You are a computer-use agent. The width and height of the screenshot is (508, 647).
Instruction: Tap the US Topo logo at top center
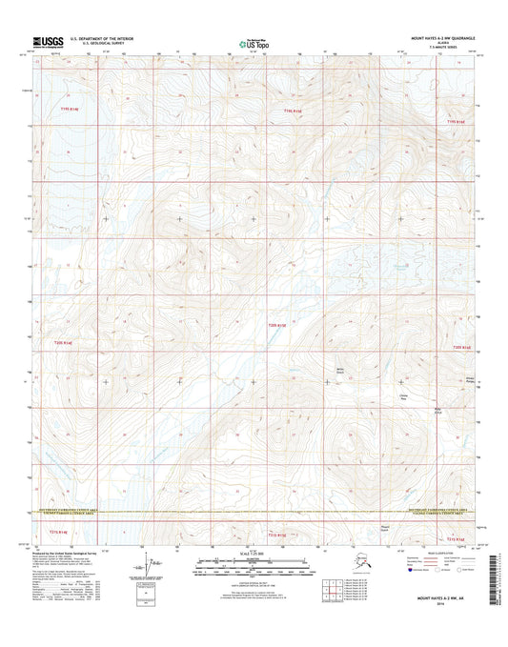coord(254,42)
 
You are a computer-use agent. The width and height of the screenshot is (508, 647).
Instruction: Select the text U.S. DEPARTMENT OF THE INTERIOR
coord(98,38)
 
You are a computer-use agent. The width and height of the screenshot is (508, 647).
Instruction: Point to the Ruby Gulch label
coord(438,411)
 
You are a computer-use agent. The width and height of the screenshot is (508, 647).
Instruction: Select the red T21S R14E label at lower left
coord(60,530)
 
